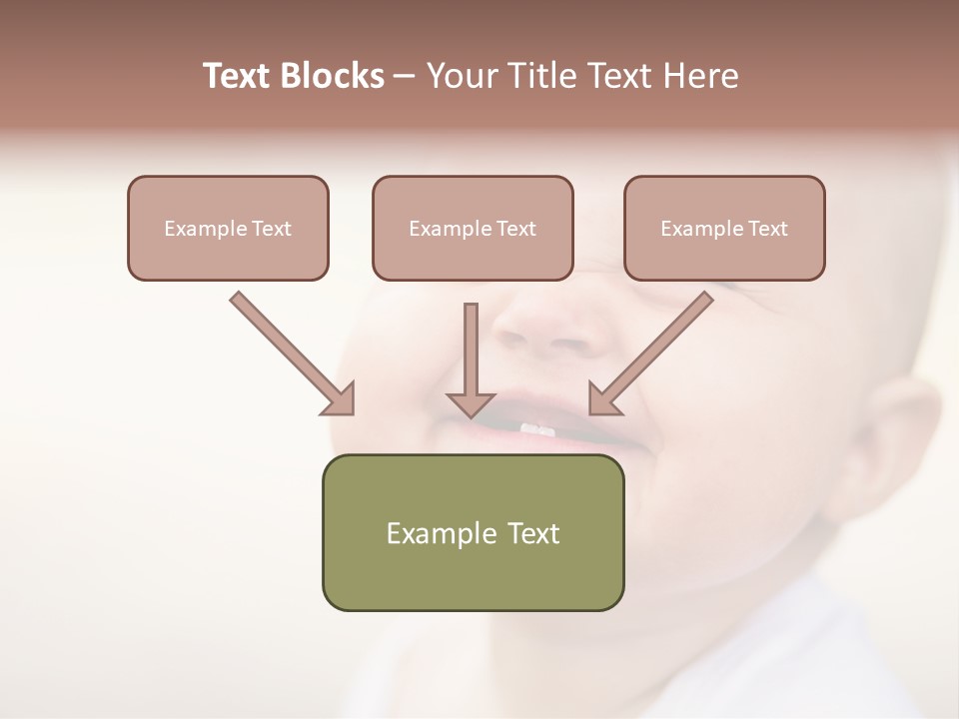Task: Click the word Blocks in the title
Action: point(334,76)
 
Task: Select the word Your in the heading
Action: point(458,76)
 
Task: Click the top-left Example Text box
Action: point(228,228)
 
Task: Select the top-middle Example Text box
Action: point(473,228)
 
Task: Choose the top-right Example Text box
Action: point(724,228)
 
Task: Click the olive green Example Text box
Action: point(473,532)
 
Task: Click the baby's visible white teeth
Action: point(537,429)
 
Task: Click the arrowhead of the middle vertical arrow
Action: point(471,403)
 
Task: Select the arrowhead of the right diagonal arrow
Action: point(603,399)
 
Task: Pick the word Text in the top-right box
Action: point(767,229)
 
